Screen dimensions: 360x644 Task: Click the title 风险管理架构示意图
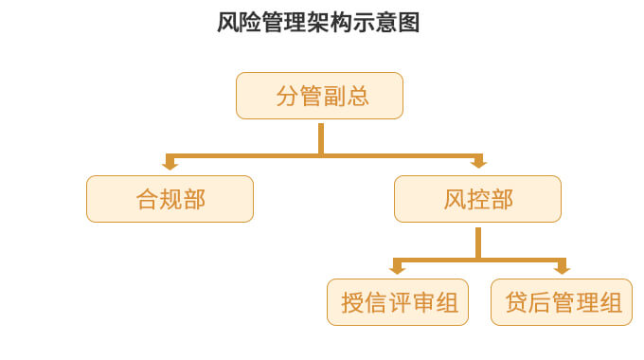tap(318, 23)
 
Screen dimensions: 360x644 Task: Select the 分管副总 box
tap(320, 96)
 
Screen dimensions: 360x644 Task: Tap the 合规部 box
tap(170, 199)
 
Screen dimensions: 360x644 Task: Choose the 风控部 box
tap(477, 199)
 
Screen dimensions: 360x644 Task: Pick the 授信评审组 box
tap(398, 302)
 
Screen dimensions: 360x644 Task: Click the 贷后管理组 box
tap(563, 302)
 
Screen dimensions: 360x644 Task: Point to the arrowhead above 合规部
tap(170, 164)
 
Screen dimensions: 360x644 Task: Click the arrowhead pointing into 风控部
tap(477, 164)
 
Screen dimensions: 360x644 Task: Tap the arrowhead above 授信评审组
tap(398, 268)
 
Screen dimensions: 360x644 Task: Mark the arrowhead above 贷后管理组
tap(562, 268)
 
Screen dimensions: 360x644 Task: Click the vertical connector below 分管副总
tap(321, 136)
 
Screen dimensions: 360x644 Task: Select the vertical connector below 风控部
tap(478, 241)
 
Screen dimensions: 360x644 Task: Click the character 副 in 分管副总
tap(333, 96)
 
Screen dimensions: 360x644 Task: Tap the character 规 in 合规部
tap(170, 199)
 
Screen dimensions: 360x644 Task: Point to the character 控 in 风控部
tap(477, 199)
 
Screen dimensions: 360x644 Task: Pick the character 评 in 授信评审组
tap(399, 302)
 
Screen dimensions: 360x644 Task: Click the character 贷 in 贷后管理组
tap(516, 302)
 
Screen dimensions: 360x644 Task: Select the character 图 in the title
tap(408, 23)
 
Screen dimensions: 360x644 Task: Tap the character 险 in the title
tap(252, 23)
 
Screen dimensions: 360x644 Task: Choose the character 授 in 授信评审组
tap(352, 302)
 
